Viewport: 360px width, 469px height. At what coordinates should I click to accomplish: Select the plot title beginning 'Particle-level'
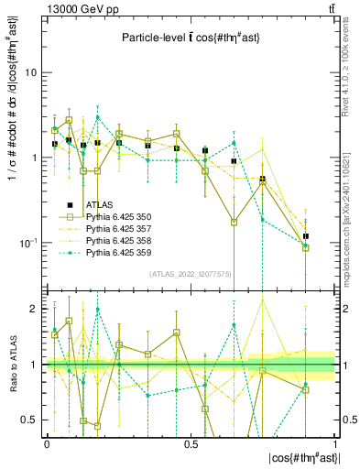click(x=190, y=38)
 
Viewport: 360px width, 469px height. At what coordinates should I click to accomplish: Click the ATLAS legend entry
click(x=101, y=204)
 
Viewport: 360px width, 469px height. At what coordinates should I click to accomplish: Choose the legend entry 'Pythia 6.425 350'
click(x=121, y=216)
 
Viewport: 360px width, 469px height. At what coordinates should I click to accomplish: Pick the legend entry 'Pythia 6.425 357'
click(x=121, y=228)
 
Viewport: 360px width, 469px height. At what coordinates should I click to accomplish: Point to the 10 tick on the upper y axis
click(x=33, y=72)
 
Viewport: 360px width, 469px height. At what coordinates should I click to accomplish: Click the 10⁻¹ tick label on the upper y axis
click(x=30, y=242)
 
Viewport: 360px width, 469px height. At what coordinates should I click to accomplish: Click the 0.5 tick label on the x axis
click(x=191, y=443)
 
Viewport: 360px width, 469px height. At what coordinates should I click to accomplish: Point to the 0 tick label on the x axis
click(x=47, y=443)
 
